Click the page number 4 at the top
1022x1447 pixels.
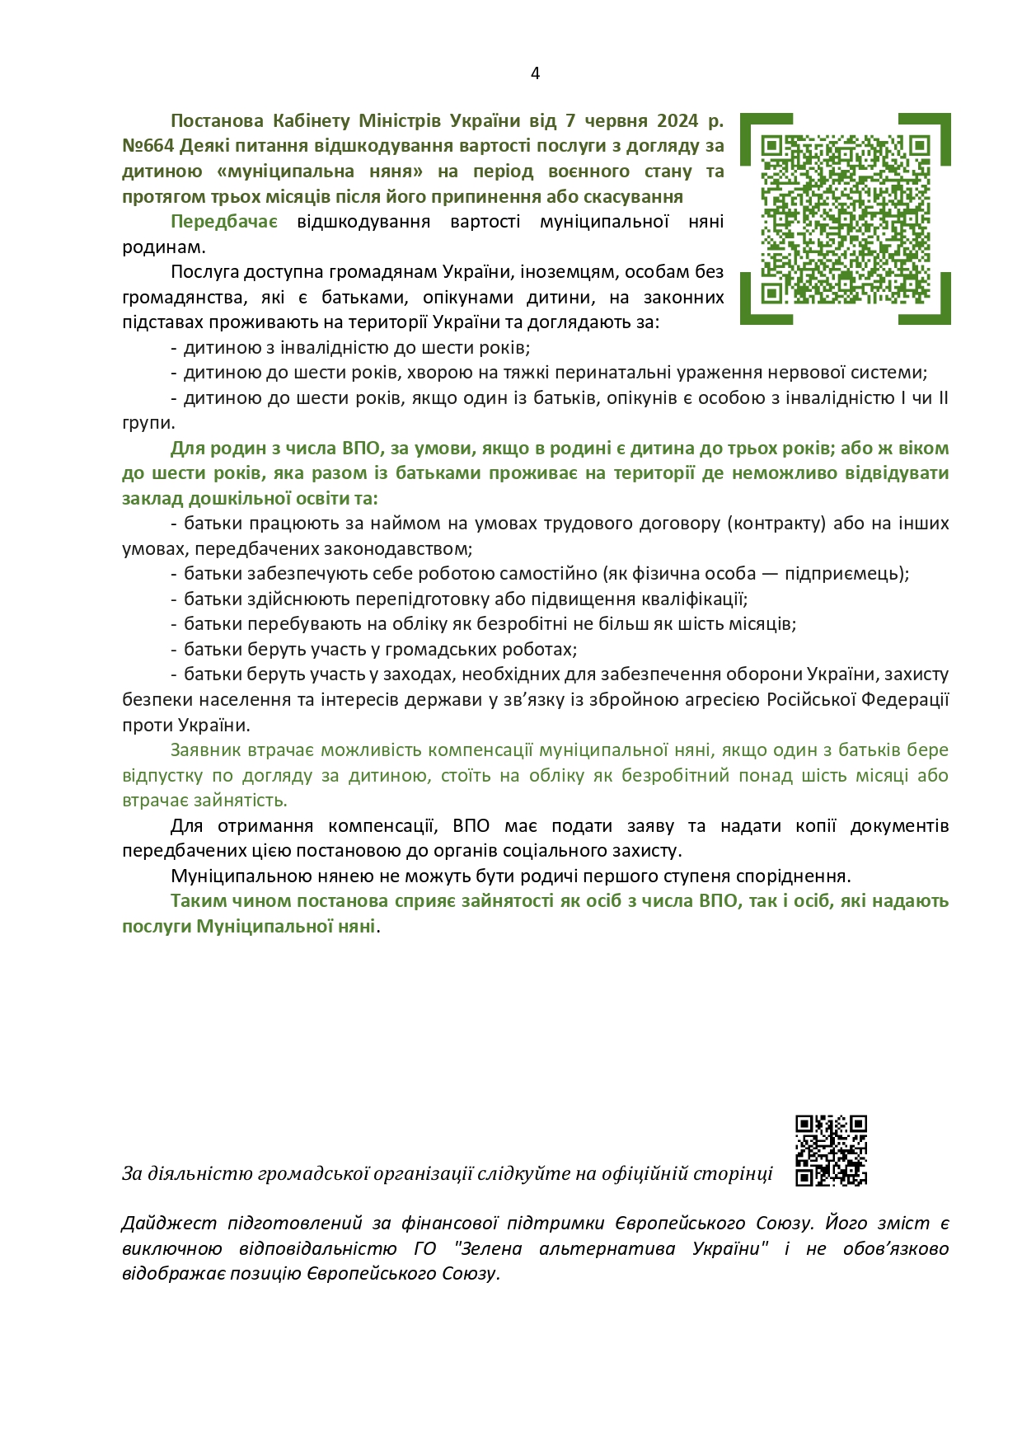pyautogui.click(x=535, y=73)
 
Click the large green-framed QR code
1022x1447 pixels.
pyautogui.click(x=846, y=218)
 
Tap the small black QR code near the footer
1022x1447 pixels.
pyautogui.click(x=831, y=1150)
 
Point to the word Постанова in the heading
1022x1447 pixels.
pyautogui.click(x=217, y=120)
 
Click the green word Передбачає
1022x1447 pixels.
pyautogui.click(x=224, y=222)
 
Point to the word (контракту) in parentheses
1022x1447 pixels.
pyautogui.click(x=780, y=524)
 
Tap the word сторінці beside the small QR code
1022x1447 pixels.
pyautogui.click(x=733, y=1173)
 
